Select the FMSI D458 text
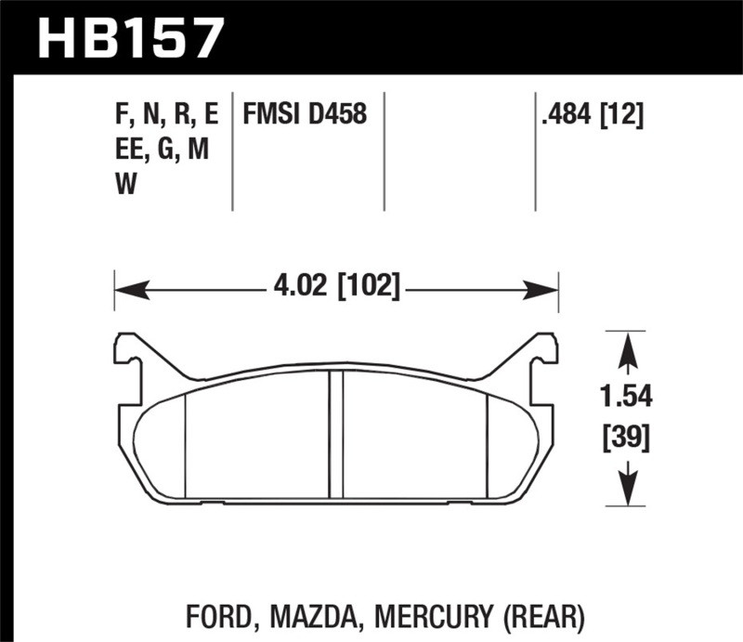pos(305,115)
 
